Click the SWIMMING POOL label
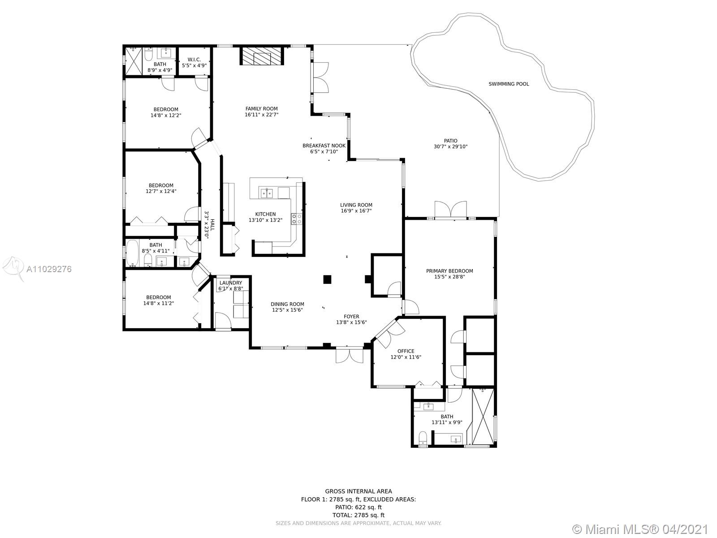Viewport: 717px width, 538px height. point(509,84)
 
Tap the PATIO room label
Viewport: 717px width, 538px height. point(450,141)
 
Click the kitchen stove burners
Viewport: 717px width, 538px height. point(297,219)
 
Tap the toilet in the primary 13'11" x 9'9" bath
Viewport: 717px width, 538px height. point(423,438)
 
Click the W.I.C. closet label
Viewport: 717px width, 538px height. point(194,60)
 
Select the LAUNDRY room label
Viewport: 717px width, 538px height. point(231,283)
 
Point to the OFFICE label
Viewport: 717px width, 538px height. point(406,351)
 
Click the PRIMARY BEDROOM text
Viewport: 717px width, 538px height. point(449,271)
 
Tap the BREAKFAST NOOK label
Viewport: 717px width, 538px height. point(324,146)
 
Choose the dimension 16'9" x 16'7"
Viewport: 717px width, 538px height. point(356,211)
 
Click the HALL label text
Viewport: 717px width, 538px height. point(212,225)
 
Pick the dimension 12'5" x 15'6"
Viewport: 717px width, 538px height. point(287,310)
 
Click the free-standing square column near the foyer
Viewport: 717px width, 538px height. point(327,279)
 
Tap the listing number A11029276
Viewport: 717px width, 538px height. point(49,269)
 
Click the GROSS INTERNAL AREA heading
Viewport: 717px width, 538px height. point(358,491)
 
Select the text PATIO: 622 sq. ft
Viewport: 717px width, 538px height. point(358,508)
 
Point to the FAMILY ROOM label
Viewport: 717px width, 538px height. point(261,109)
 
